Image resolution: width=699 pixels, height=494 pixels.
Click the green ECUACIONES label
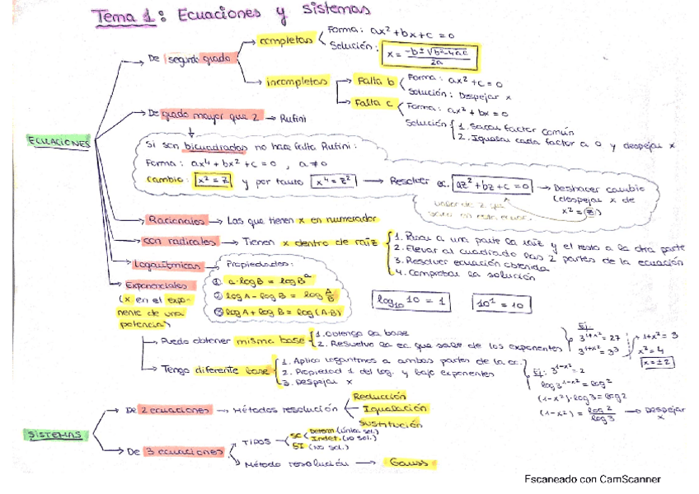click(59, 142)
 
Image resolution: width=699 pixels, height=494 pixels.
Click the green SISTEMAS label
click(58, 433)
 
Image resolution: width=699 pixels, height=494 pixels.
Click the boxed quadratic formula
click(431, 56)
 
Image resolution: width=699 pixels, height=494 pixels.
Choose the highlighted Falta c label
click(375, 104)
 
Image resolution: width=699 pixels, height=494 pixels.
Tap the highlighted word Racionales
click(176, 219)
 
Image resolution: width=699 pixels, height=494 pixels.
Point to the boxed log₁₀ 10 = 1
click(410, 302)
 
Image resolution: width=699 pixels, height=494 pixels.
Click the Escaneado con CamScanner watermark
click(592, 479)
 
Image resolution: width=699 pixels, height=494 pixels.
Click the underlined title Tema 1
click(124, 16)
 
